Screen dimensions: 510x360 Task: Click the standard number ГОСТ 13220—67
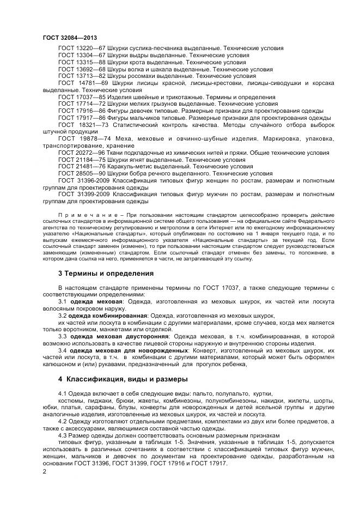click(82, 48)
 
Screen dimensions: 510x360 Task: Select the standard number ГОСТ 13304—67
click(82, 56)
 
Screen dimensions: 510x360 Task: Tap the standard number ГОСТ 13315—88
click(82, 63)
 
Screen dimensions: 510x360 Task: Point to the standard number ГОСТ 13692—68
click(82, 70)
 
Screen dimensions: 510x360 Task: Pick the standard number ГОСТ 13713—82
click(82, 76)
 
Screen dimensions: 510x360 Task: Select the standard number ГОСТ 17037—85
click(82, 97)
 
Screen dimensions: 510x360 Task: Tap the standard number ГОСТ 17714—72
click(82, 104)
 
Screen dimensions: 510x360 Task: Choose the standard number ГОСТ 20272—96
click(82, 153)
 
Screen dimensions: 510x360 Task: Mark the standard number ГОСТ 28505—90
click(82, 174)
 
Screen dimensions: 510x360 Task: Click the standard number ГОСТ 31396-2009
click(84, 181)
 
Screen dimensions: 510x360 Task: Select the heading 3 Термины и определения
click(106, 273)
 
